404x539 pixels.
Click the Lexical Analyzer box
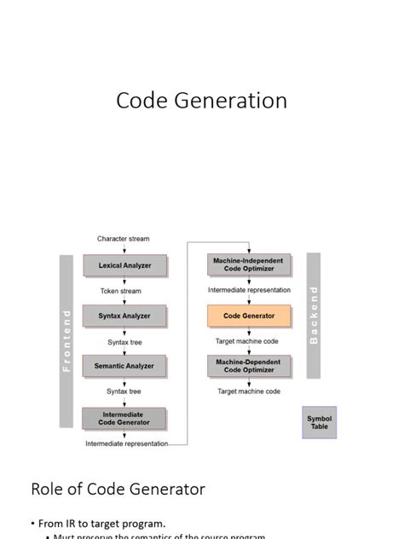pyautogui.click(x=124, y=265)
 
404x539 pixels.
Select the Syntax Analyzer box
pyautogui.click(x=124, y=316)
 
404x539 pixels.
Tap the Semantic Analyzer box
pyautogui.click(x=124, y=366)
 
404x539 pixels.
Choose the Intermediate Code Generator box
pyautogui.click(x=124, y=418)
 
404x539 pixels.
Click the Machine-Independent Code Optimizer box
pyautogui.click(x=248, y=264)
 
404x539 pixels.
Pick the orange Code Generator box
pyautogui.click(x=248, y=316)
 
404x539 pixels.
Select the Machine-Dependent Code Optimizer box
pyautogui.click(x=248, y=366)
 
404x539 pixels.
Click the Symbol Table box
pyautogui.click(x=319, y=422)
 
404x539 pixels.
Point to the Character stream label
pyautogui.click(x=123, y=239)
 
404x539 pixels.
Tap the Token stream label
pyautogui.click(x=120, y=291)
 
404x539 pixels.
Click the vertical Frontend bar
pyautogui.click(x=66, y=341)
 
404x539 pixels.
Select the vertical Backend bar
pyautogui.click(x=313, y=316)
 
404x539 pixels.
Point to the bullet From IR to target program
pyautogui.click(x=98, y=523)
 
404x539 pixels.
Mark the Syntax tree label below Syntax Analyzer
pyautogui.click(x=124, y=341)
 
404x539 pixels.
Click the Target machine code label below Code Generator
pyautogui.click(x=247, y=341)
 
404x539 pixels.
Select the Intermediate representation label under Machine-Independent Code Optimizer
pyautogui.click(x=249, y=290)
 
